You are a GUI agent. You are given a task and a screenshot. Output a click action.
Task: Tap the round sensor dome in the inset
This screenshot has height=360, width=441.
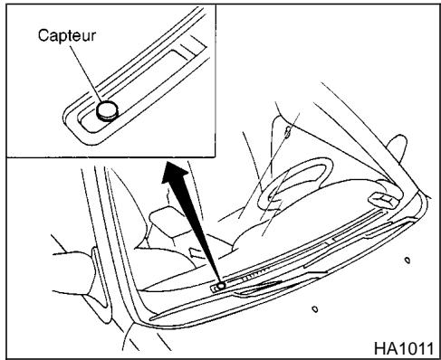click(x=107, y=109)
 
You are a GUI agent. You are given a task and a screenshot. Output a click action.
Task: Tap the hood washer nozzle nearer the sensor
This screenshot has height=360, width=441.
click(x=314, y=308)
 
